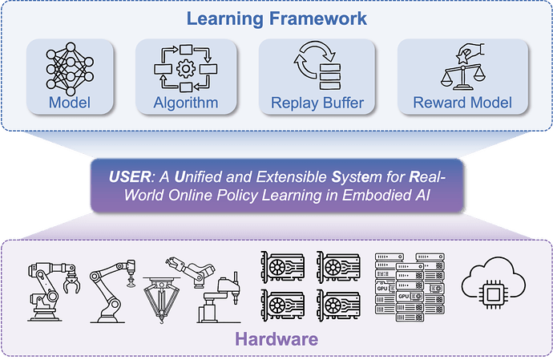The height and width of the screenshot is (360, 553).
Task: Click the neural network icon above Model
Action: [71, 67]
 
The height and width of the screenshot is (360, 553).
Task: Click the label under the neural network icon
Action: [71, 103]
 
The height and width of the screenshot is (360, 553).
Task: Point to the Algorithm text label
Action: [186, 103]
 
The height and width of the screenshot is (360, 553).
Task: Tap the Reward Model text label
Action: [462, 103]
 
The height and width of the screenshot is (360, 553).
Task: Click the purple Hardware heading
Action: [276, 338]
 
